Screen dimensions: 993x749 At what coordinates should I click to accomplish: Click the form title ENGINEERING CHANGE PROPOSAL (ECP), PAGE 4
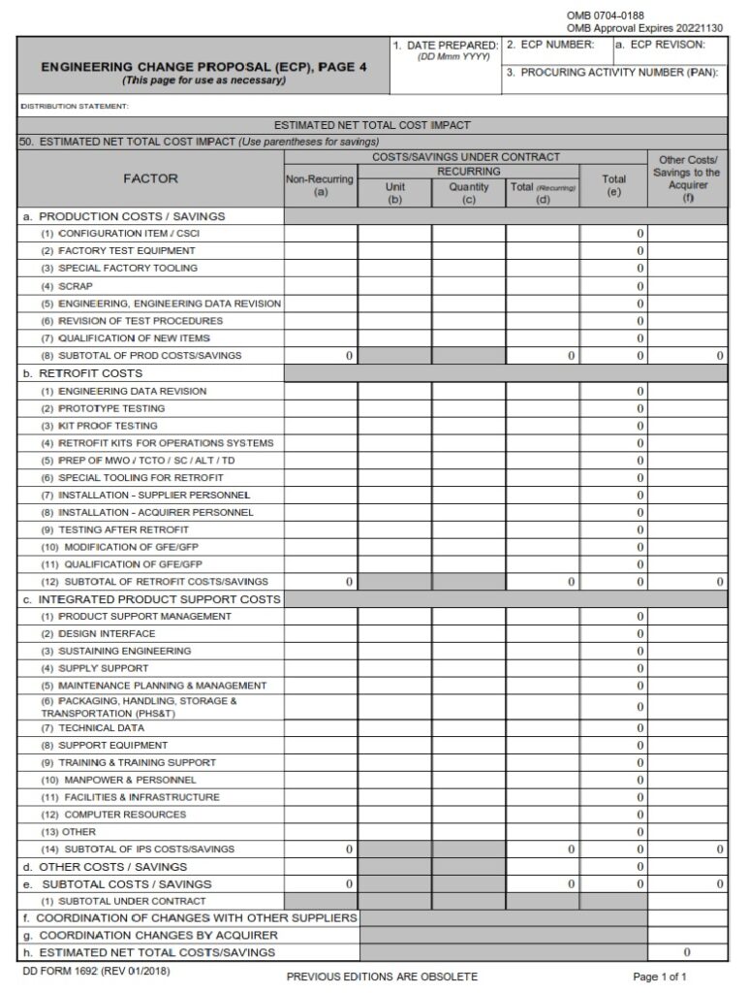click(x=203, y=67)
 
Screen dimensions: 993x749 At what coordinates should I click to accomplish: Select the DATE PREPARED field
click(x=445, y=73)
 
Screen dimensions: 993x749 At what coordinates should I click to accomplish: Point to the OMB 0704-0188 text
click(x=605, y=16)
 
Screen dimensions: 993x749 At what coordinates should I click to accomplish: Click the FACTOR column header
click(x=150, y=178)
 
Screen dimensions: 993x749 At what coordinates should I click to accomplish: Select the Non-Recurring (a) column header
click(x=321, y=185)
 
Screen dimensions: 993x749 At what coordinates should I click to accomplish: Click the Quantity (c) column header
click(x=468, y=192)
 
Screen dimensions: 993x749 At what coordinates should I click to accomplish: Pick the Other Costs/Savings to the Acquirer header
click(x=687, y=178)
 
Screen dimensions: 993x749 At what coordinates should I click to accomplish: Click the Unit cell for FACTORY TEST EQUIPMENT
click(x=394, y=251)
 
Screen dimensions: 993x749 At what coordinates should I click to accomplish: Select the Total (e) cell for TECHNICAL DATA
click(x=613, y=728)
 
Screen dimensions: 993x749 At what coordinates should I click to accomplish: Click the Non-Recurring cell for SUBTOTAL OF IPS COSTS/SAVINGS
click(x=321, y=849)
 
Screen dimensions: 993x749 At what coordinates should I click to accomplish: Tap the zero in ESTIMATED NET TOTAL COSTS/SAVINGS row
click(x=687, y=953)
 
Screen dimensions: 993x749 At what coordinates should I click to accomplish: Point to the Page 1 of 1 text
click(x=659, y=977)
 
